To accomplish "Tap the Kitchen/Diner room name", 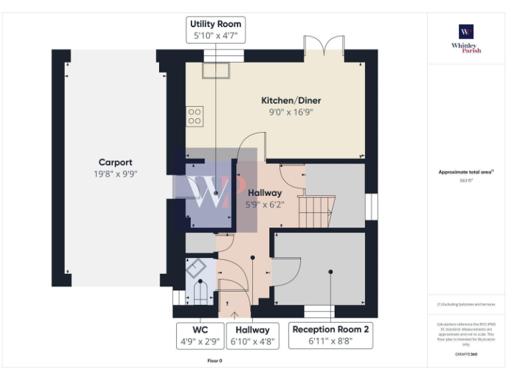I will pyautogui.click(x=291, y=101).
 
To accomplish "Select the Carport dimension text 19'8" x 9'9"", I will pyautogui.click(x=116, y=174).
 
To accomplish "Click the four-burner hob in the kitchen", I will pyautogui.click(x=195, y=117).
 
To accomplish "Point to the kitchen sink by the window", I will pyautogui.click(x=216, y=71).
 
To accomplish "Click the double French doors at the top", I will pyautogui.click(x=324, y=48).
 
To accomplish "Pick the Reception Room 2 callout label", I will pyautogui.click(x=331, y=335).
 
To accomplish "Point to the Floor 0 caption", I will pyautogui.click(x=215, y=361).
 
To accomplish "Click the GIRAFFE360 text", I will pyautogui.click(x=466, y=354).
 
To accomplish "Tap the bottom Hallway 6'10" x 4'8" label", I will pyautogui.click(x=252, y=335).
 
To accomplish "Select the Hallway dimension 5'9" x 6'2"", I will pyautogui.click(x=264, y=205).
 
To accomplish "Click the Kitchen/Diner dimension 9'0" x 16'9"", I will pyautogui.click(x=291, y=112).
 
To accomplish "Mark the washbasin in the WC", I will pyautogui.click(x=196, y=267).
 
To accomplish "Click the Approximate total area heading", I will pyautogui.click(x=466, y=172).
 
